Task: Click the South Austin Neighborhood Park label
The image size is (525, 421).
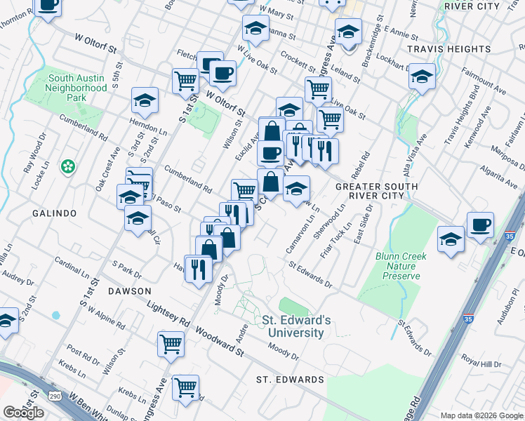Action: [x=76, y=88]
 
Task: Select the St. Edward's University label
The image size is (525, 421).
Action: [x=293, y=326]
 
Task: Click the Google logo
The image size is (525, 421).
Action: [x=23, y=413]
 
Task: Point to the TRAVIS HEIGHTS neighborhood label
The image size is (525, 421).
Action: [x=458, y=49]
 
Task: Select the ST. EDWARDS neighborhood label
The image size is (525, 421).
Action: [x=289, y=380]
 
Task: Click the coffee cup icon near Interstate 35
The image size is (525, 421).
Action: [x=480, y=226]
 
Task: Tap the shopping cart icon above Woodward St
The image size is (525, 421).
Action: [x=171, y=345]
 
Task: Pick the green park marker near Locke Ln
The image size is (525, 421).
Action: [x=68, y=167]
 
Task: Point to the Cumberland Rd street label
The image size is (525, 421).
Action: [x=187, y=179]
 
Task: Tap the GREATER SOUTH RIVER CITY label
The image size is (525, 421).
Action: [x=376, y=191]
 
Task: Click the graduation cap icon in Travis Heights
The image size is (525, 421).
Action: [x=422, y=76]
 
